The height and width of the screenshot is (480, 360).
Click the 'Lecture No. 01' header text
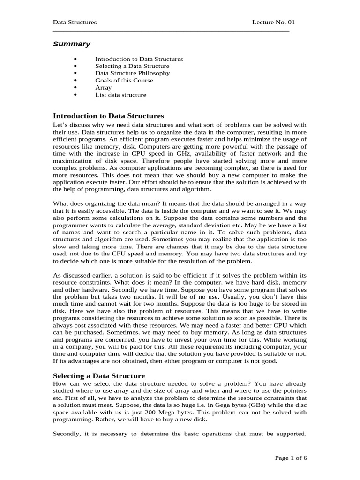click(274, 22)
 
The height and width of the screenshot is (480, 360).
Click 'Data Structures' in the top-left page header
click(75, 22)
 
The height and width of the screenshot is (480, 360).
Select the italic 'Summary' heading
click(71, 44)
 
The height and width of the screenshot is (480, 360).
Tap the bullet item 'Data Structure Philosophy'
click(132, 73)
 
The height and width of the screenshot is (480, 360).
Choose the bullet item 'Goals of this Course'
click(124, 80)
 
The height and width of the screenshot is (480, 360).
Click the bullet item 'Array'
click(103, 87)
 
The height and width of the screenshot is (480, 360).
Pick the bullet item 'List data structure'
click(120, 95)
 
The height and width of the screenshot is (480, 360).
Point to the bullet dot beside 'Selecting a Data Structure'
click(75, 66)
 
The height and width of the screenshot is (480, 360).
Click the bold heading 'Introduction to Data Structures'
click(108, 115)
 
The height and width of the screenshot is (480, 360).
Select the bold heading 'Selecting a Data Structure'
click(99, 376)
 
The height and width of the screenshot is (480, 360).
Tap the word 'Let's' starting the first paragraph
click(61, 125)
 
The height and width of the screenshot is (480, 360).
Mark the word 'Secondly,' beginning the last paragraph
click(68, 434)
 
